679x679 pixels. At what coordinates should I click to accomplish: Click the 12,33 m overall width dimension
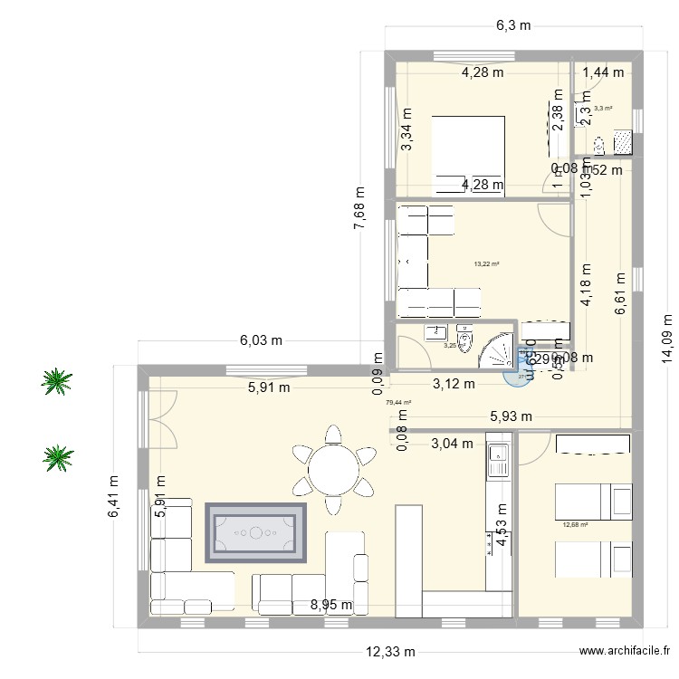click(391, 652)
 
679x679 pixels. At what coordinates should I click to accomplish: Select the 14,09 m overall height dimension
click(668, 339)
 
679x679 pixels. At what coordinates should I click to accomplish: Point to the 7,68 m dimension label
click(359, 209)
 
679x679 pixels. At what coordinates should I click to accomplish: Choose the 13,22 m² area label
click(487, 264)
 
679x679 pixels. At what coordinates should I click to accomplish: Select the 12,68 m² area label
click(576, 524)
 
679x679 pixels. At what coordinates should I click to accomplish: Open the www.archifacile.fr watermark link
click(626, 652)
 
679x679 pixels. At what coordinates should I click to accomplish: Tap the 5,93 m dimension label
click(511, 416)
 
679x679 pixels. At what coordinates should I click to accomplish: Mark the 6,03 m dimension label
click(261, 340)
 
